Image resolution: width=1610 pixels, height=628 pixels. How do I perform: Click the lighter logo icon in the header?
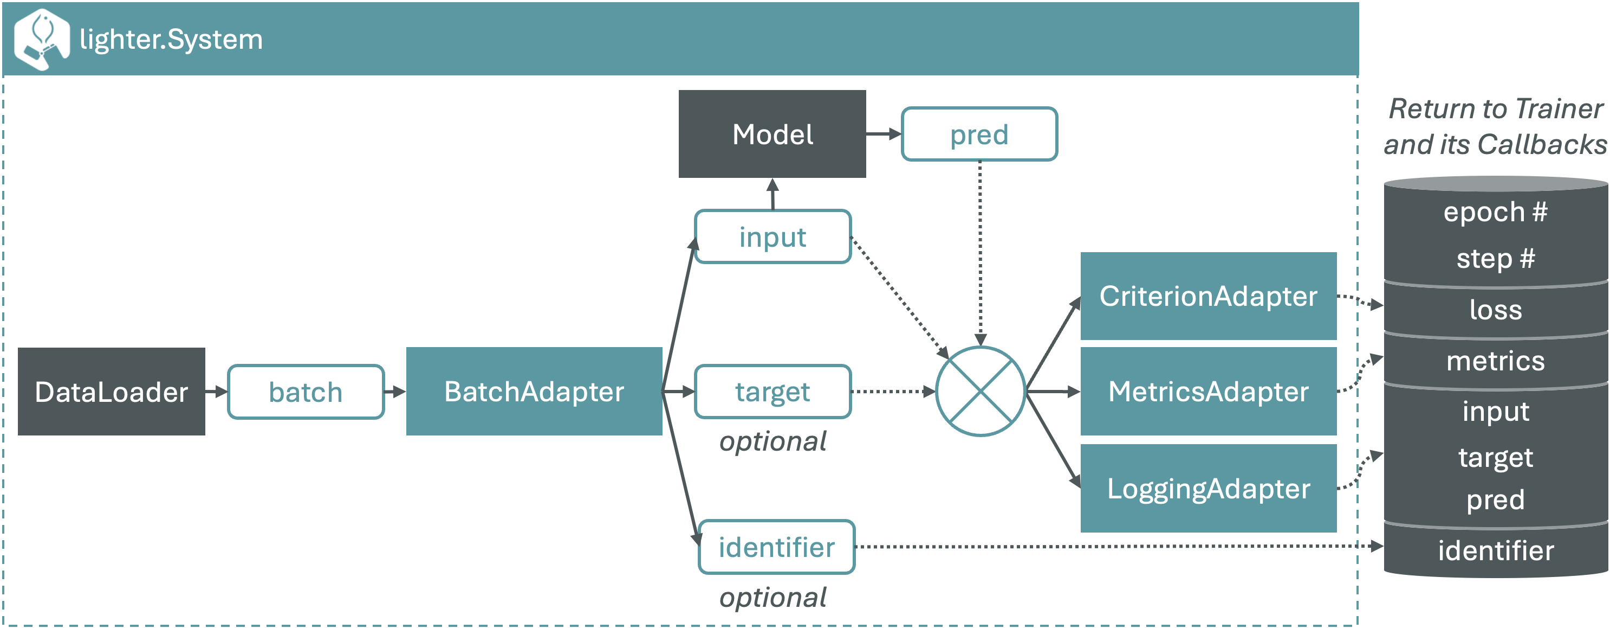click(x=41, y=39)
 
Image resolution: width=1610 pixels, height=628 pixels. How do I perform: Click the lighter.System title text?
click(x=171, y=40)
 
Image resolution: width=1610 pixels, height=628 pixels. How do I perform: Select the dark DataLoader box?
click(x=111, y=392)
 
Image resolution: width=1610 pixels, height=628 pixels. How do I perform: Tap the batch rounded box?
click(x=306, y=392)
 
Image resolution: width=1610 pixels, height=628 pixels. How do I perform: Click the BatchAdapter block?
click(x=534, y=392)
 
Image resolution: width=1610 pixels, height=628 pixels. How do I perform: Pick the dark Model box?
click(x=772, y=134)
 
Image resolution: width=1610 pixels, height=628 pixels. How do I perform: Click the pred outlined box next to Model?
click(x=979, y=134)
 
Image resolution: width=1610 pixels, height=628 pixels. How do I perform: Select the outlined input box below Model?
click(x=772, y=237)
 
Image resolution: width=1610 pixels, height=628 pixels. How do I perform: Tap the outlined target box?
click(x=772, y=392)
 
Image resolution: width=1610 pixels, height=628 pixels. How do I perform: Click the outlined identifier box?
click(x=776, y=547)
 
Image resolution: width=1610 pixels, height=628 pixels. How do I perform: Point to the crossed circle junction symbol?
click(x=980, y=392)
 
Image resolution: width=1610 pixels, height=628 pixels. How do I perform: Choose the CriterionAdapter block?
click(x=1208, y=296)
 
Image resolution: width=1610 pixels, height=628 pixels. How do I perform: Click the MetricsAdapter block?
click(x=1208, y=392)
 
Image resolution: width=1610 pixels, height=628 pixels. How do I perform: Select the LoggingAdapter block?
click(x=1208, y=489)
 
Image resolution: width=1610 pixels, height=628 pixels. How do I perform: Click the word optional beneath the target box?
click(x=772, y=441)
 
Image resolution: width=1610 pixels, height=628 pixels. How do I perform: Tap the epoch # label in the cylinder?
click(x=1495, y=212)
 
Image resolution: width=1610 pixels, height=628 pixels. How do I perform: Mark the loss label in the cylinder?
click(x=1495, y=310)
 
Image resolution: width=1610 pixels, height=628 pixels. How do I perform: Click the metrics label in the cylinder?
click(x=1495, y=361)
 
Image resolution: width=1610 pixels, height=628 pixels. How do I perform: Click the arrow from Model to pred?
click(x=883, y=134)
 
